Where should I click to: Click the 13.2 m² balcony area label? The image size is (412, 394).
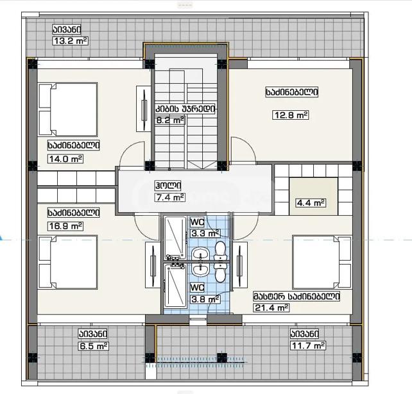pyautogui.click(x=71, y=41)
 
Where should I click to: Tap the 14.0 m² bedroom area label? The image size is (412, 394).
pyautogui.click(x=65, y=159)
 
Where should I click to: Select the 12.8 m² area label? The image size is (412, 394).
pyautogui.click(x=291, y=115)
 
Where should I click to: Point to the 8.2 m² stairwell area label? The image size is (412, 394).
pyautogui.click(x=171, y=120)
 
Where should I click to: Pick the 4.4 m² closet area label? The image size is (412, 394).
pyautogui.click(x=311, y=203)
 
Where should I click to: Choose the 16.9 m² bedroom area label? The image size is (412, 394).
pyautogui.click(x=65, y=226)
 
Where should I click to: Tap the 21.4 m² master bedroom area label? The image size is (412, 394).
pyautogui.click(x=271, y=308)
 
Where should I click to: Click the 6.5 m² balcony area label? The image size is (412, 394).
pyautogui.click(x=94, y=346)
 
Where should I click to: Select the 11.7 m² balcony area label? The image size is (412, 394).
pyautogui.click(x=308, y=345)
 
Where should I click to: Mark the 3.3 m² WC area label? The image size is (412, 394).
pyautogui.click(x=205, y=233)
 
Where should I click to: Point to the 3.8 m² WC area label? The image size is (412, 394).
pyautogui.click(x=205, y=299)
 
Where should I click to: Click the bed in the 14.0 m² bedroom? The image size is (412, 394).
pyautogui.click(x=68, y=110)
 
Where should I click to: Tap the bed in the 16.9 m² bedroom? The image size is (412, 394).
pyautogui.click(x=68, y=262)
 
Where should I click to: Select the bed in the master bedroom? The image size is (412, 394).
pyautogui.click(x=322, y=262)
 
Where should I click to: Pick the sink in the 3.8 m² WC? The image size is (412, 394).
pyautogui.click(x=200, y=270)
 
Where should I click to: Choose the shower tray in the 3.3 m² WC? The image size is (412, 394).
pyautogui.click(x=175, y=238)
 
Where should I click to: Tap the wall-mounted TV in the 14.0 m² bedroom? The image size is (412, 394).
pyautogui.click(x=144, y=109)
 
